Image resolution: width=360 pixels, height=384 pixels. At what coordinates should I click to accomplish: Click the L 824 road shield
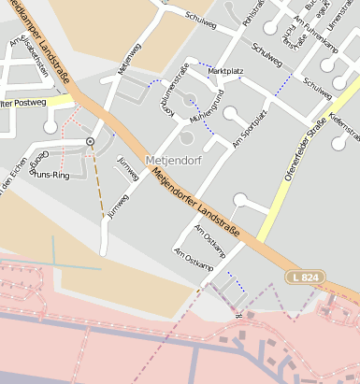[310, 279]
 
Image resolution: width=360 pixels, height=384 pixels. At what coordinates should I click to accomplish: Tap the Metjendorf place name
[174, 160]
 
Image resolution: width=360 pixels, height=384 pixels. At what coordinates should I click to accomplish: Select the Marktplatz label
[224, 71]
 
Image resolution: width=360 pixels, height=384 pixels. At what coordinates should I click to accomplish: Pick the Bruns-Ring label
[50, 174]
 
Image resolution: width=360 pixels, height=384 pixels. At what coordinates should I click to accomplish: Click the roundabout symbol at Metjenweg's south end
[90, 141]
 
